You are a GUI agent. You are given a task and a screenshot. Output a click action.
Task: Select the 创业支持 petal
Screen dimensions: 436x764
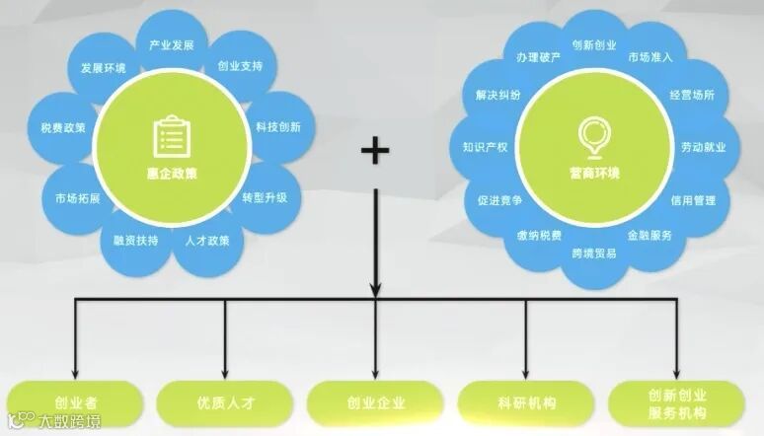pyautogui.click(x=240, y=68)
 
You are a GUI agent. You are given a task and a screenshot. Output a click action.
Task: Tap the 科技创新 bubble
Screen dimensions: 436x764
pyautogui.click(x=277, y=127)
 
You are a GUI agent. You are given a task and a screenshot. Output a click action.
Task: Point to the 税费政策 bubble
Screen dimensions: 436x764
pyautogui.click(x=63, y=127)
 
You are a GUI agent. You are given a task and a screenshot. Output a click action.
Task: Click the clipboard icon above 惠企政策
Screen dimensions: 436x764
pyautogui.click(x=171, y=137)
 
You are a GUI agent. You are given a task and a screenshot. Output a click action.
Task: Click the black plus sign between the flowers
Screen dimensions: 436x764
pyautogui.click(x=375, y=151)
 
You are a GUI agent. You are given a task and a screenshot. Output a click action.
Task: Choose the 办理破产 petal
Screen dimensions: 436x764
pyautogui.click(x=538, y=56)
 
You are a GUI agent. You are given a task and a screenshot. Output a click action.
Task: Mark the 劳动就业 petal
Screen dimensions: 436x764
pyautogui.click(x=703, y=147)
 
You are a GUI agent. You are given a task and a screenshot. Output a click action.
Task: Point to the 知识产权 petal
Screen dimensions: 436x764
pyautogui.click(x=485, y=147)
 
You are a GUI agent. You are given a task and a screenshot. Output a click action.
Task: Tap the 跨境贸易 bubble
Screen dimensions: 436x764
pyautogui.click(x=594, y=254)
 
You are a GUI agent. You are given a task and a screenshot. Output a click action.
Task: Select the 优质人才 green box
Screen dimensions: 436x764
pyautogui.click(x=225, y=402)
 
